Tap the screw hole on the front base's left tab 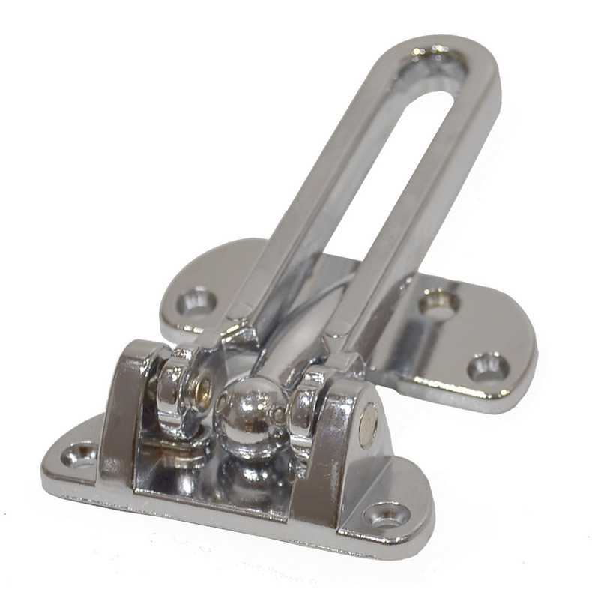(79, 453)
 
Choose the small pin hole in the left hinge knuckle (201, 390)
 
